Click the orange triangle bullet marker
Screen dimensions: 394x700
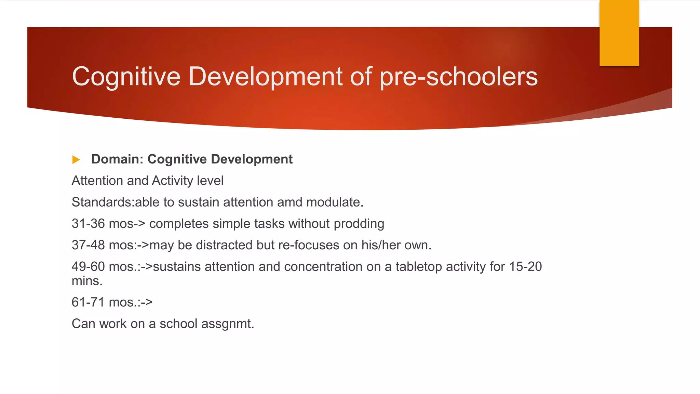pyautogui.click(x=76, y=159)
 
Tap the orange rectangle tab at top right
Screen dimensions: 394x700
pyautogui.click(x=619, y=33)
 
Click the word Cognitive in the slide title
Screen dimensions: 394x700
pyautogui.click(x=126, y=77)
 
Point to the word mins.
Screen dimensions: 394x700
pyautogui.click(x=87, y=281)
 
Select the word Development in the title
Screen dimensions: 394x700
pyautogui.click(x=265, y=77)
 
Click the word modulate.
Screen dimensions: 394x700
pyautogui.click(x=335, y=202)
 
